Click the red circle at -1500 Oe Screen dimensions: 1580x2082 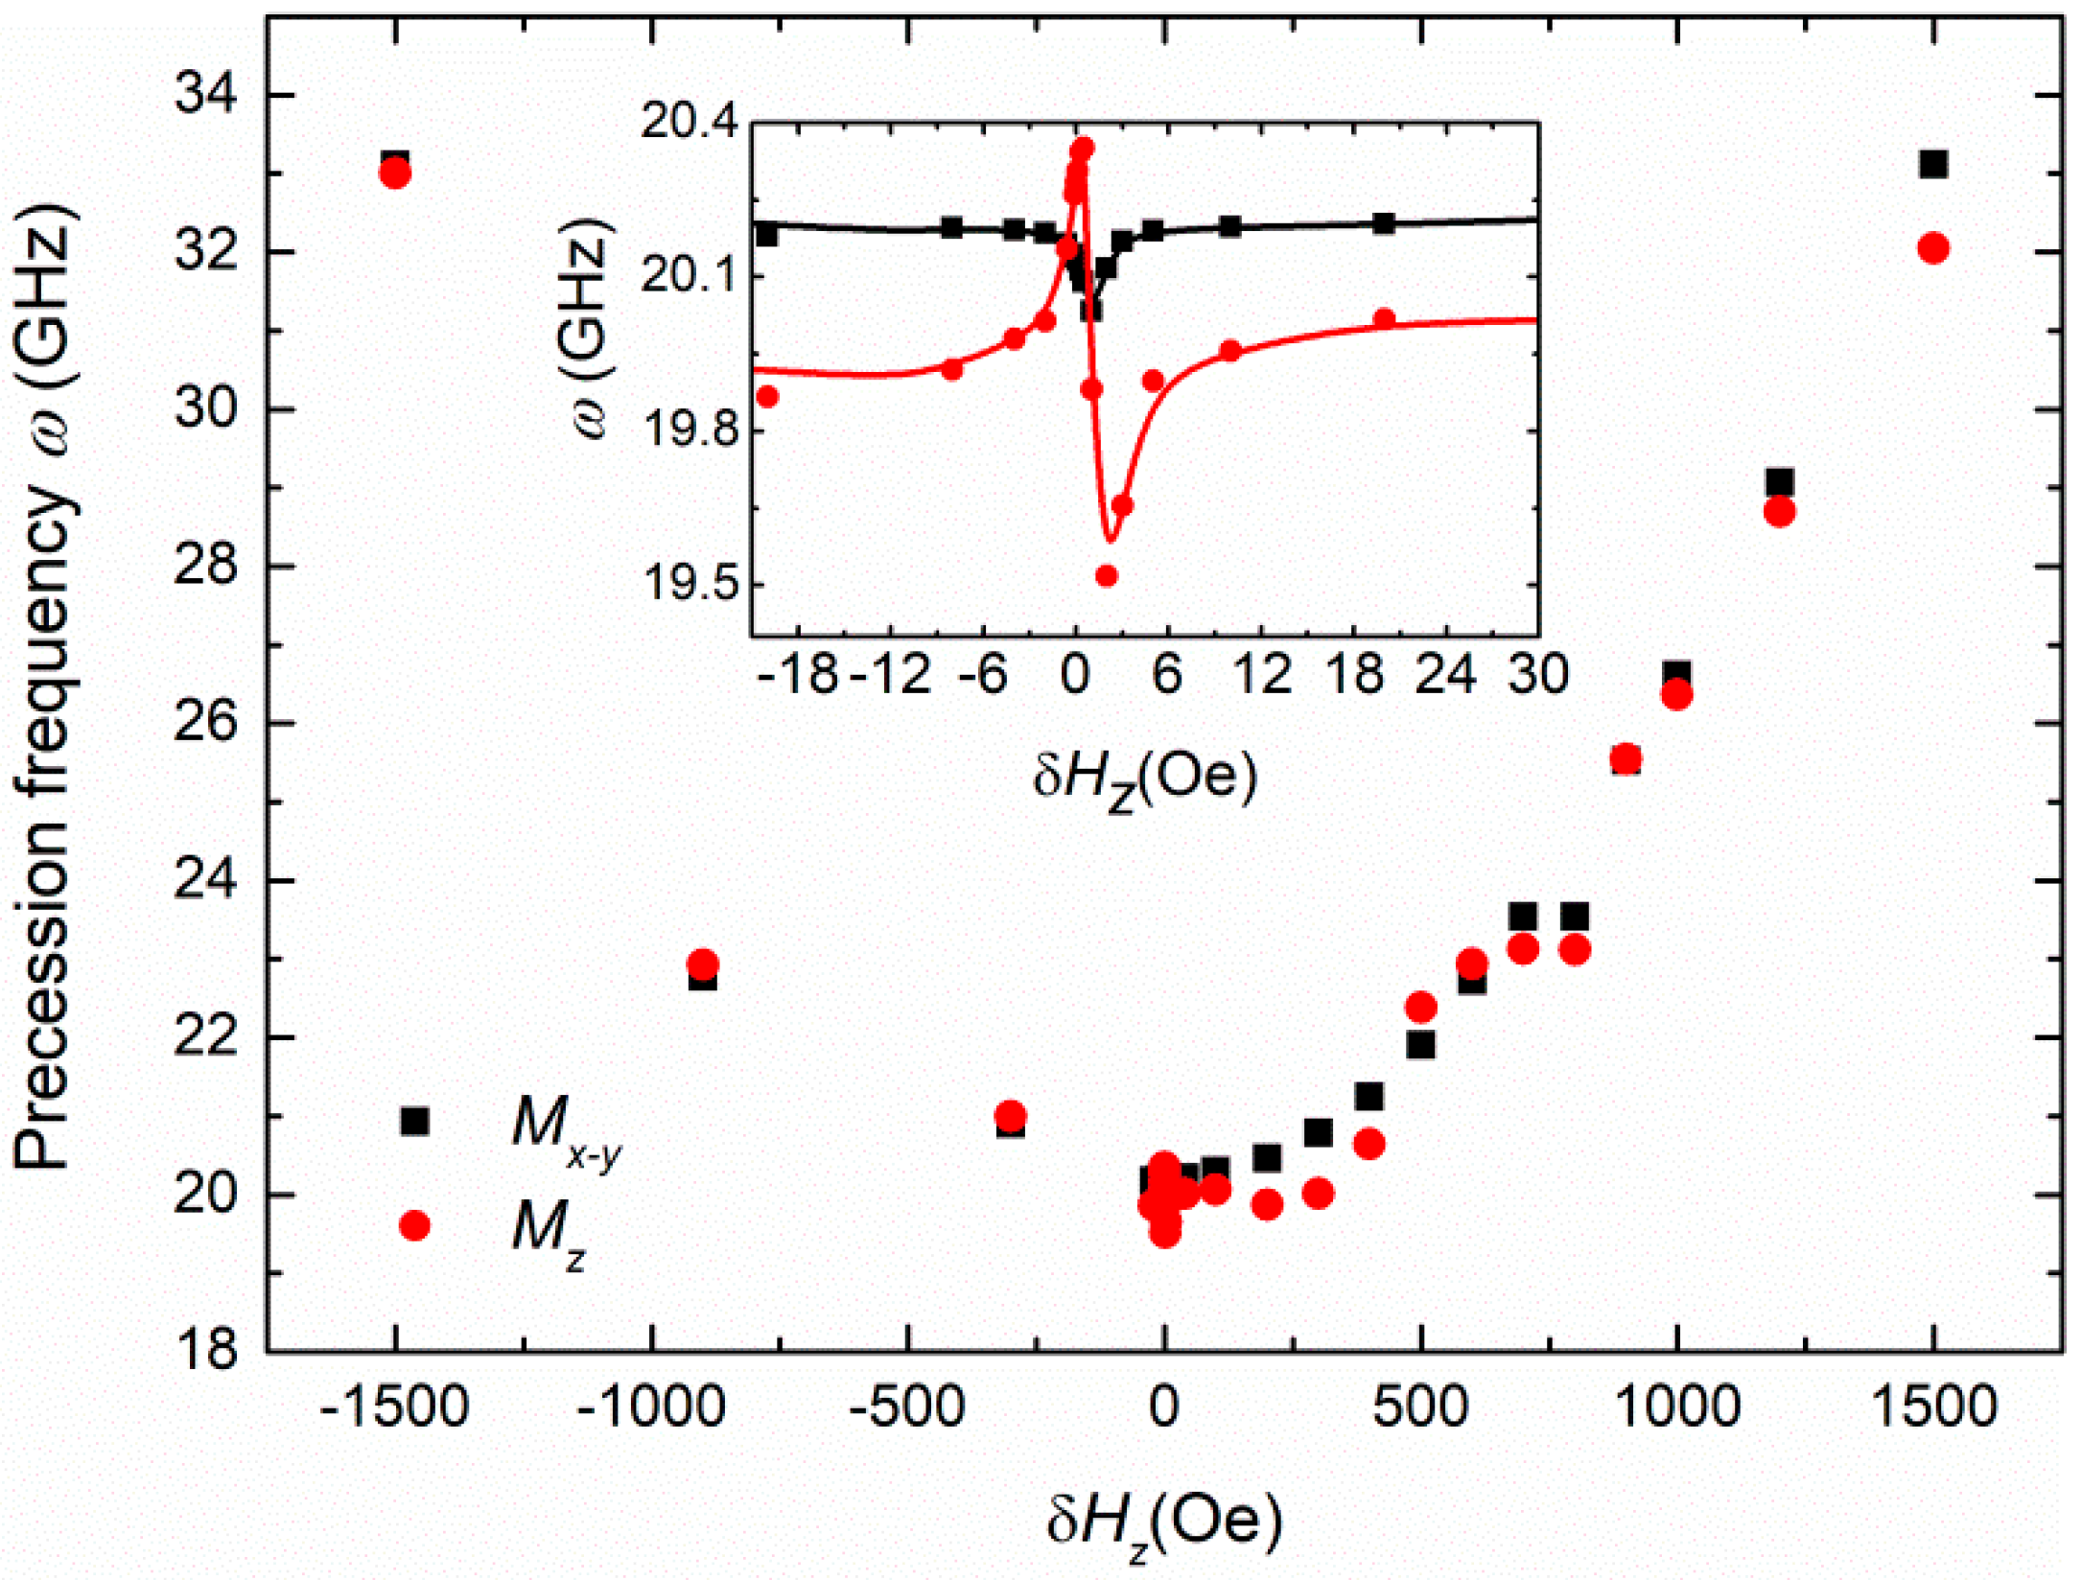click(x=394, y=174)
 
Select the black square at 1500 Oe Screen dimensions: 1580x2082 click(x=1933, y=165)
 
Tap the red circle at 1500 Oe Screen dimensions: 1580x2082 click(x=1933, y=248)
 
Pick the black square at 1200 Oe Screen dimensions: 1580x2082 click(x=1780, y=482)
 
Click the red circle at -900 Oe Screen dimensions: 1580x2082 click(x=703, y=964)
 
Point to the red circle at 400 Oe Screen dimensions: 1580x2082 click(x=1369, y=1144)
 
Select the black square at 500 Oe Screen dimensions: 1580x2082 click(x=1420, y=1045)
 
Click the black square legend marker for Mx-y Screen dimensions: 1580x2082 click(x=414, y=1121)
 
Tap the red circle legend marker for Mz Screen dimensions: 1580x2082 click(x=414, y=1225)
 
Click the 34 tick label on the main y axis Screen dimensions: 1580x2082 click(x=205, y=96)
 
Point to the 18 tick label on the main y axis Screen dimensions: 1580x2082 click(x=205, y=1351)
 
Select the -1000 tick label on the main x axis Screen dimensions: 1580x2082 click(x=650, y=1408)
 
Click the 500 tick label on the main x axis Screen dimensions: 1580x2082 click(x=1420, y=1408)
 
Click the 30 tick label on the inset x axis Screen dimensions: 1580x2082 click(x=1537, y=674)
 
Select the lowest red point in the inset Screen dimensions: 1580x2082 click(x=1107, y=575)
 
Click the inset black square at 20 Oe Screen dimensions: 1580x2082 click(x=1383, y=223)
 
